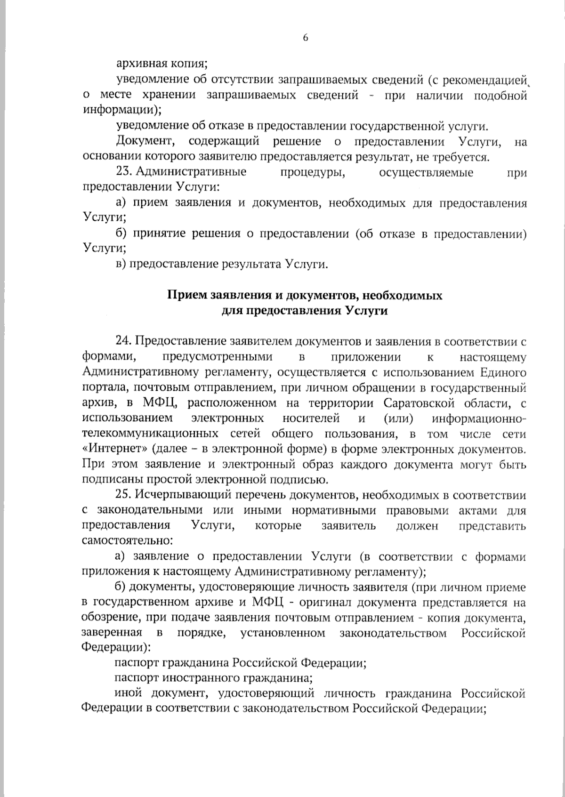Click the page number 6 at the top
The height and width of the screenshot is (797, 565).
click(x=305, y=38)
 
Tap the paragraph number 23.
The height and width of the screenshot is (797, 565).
click(x=124, y=172)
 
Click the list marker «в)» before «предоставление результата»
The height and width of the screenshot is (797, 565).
click(x=121, y=264)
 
